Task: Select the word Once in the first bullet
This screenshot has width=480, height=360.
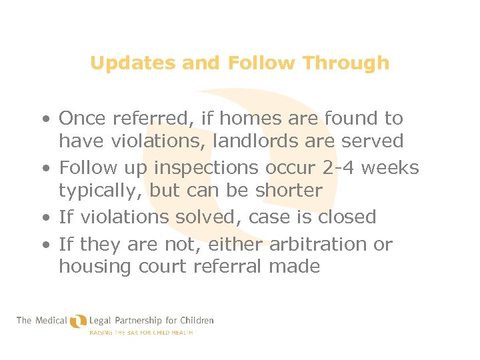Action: (81, 119)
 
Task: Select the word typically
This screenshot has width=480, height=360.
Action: (100, 191)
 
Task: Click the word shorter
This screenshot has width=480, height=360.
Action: (289, 191)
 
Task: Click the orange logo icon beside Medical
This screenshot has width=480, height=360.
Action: (78, 321)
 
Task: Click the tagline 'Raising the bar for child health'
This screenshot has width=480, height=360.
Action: (141, 333)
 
